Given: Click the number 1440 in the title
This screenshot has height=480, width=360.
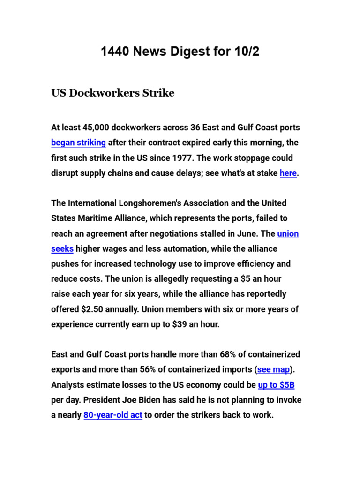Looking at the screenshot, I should coord(115,52).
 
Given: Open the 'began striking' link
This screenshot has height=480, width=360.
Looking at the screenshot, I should coord(78,142).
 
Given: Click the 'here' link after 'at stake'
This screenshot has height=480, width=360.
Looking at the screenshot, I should coord(288,173).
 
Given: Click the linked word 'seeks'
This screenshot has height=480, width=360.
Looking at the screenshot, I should coord(62,249).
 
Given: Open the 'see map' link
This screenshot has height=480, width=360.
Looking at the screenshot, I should coord(274,369).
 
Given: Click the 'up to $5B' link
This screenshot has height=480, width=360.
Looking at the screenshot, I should coord(276,385).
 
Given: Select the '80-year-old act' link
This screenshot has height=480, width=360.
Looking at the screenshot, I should coord(113,415).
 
